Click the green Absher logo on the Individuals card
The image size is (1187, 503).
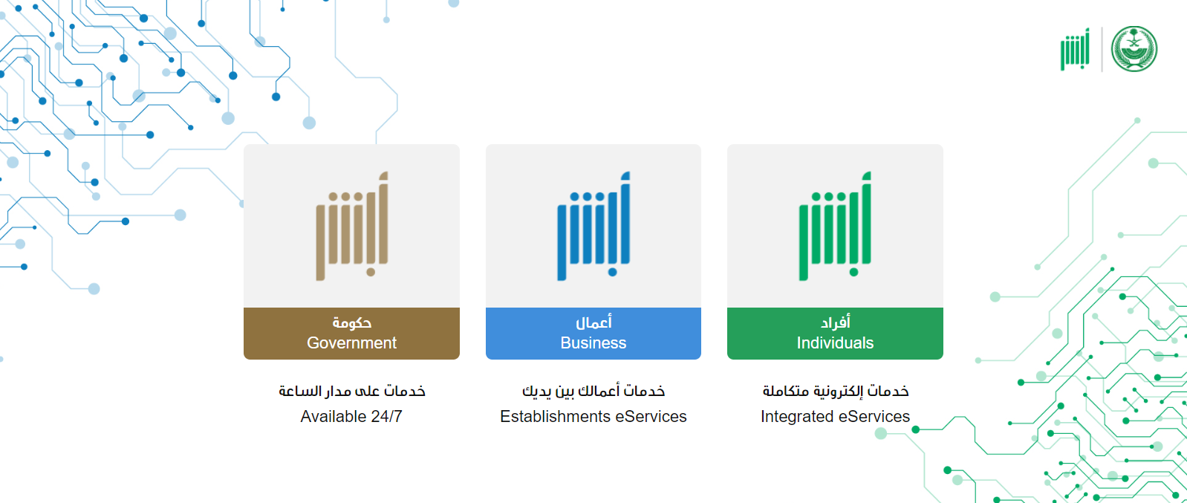pos(835,226)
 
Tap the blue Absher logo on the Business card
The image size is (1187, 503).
pos(593,226)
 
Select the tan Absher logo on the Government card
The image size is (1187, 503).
pos(352,226)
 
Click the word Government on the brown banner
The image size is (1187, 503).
pos(351,343)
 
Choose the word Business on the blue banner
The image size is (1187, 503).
pos(593,343)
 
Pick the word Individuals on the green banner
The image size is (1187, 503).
pos(835,343)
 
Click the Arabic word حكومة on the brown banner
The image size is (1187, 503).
pos(352,322)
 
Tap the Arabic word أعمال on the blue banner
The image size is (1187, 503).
pos(593,322)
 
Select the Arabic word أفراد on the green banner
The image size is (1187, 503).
pos(836,322)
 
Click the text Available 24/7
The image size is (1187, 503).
pos(351,417)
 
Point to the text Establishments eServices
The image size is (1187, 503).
pos(593,417)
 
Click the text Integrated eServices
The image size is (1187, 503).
pos(835,417)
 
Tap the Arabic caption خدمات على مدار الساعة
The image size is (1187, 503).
pos(352,391)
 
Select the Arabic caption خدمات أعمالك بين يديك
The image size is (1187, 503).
pos(593,391)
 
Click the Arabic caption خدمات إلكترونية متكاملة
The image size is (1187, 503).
pos(836,391)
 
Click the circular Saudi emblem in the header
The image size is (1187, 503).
pos(1134,49)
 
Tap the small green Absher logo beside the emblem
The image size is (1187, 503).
pos(1075,49)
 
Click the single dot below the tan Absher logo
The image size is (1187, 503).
pos(371,273)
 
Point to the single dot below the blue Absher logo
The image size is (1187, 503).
pos(613,273)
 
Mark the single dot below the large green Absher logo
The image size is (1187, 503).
pos(853,273)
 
